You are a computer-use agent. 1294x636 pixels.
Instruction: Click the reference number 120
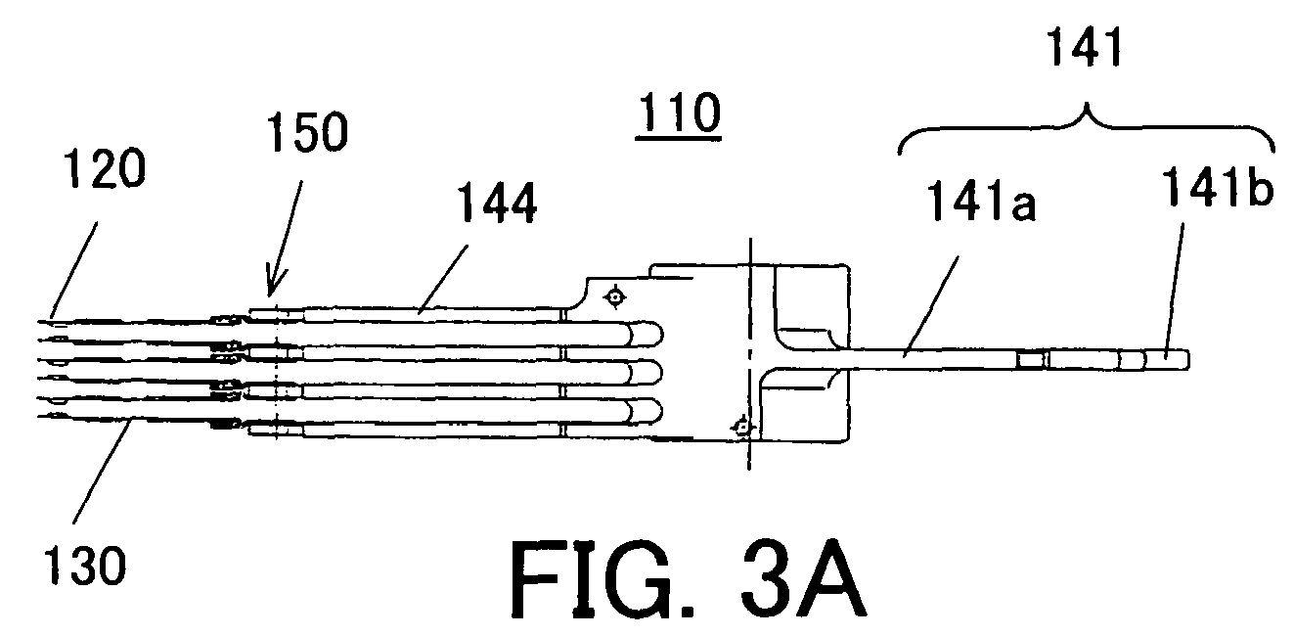coord(104,168)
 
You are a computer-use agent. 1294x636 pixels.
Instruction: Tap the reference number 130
coord(85,567)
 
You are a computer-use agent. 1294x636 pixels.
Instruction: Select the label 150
coord(307,132)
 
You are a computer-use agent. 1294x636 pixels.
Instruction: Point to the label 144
coord(497,203)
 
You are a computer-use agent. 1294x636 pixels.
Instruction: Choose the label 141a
coord(981,201)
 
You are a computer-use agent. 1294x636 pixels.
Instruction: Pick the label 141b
coord(1217,186)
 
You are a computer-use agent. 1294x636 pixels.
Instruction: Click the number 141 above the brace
coord(1086,47)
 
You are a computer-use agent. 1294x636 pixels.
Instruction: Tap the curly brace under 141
coord(1086,130)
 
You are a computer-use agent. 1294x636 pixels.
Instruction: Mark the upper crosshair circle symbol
coord(614,297)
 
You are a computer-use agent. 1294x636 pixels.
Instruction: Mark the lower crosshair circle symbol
coord(742,428)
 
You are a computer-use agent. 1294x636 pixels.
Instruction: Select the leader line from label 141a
coord(931,305)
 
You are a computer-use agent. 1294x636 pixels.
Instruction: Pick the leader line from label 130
coord(103,472)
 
